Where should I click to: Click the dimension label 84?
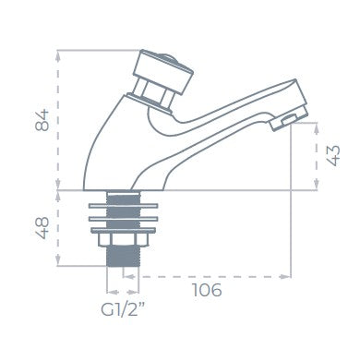coord(42,120)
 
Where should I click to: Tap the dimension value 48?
coord(42,228)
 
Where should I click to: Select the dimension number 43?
coord(333,156)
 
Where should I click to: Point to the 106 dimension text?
coord(207,290)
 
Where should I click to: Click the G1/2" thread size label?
coord(123,309)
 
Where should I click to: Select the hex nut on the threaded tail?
coord(123,240)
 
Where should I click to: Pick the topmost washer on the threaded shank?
coord(123,206)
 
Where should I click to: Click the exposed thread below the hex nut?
coord(123,257)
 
